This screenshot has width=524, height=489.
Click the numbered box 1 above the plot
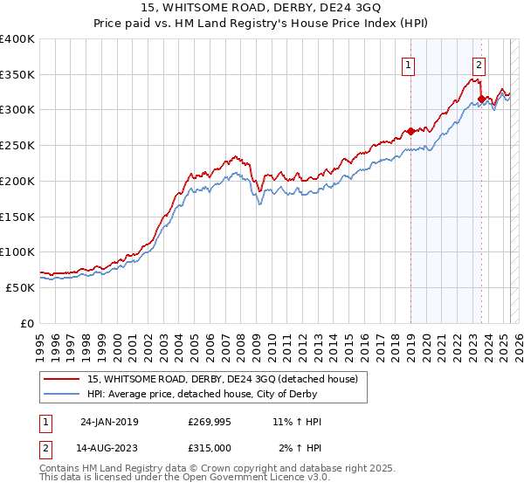point(409,64)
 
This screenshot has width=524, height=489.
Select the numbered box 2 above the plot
point(479,64)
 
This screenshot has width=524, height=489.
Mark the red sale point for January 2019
point(410,132)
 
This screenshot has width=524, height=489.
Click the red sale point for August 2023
point(481,100)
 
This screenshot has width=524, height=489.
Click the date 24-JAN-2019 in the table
point(109,422)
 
